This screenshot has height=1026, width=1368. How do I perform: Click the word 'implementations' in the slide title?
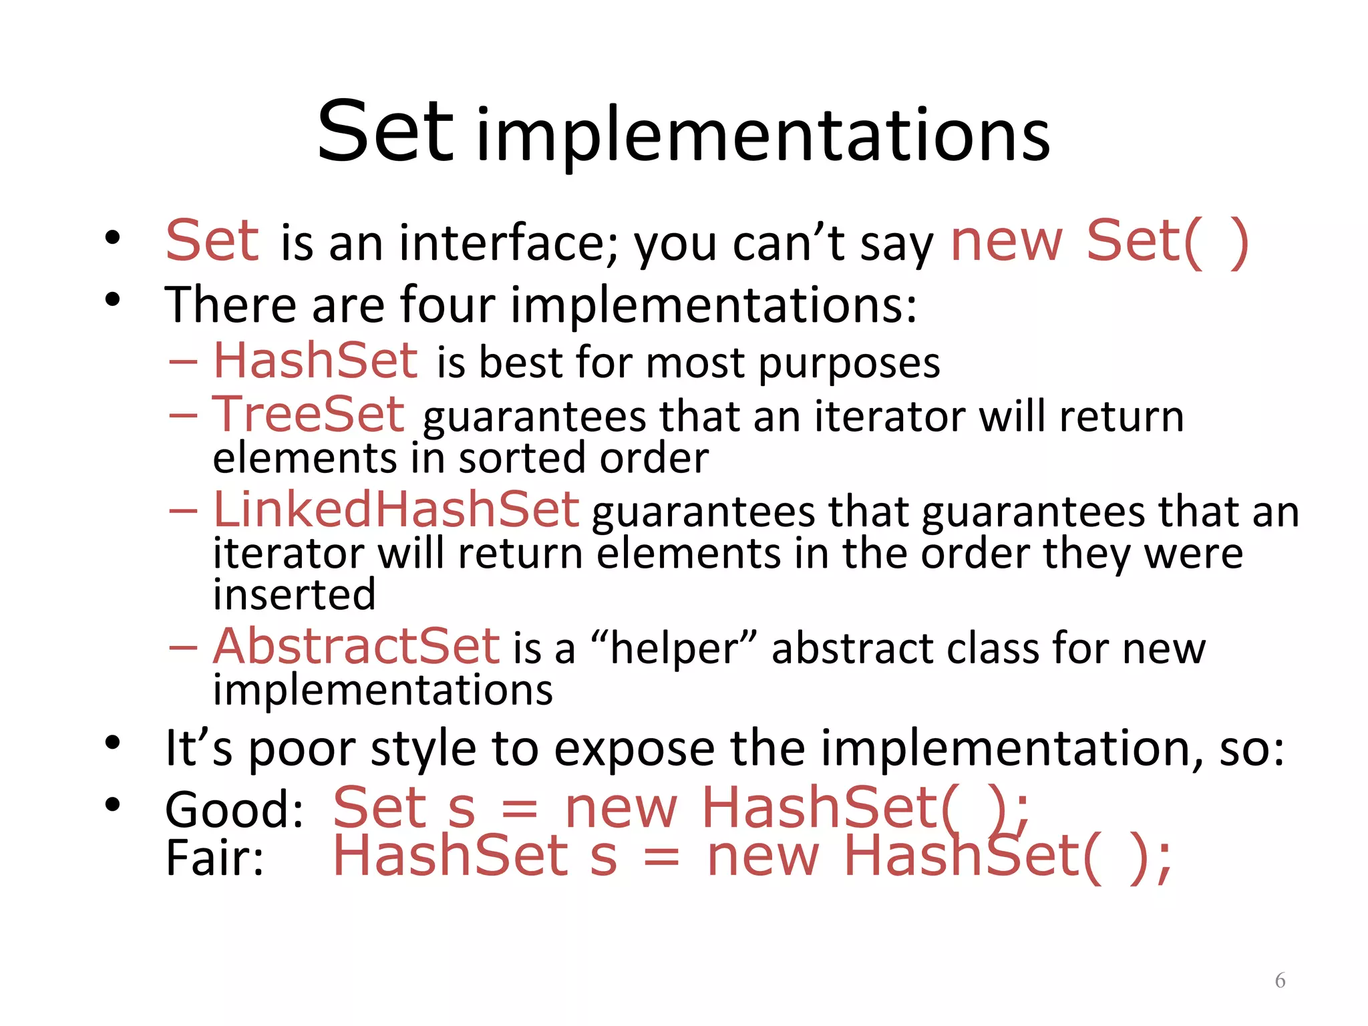(x=763, y=137)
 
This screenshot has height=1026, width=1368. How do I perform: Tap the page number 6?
(x=1280, y=980)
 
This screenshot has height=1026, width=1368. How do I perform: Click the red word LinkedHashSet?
(x=395, y=510)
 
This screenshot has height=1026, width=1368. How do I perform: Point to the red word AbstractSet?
(x=356, y=647)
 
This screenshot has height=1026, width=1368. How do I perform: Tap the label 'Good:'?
(x=234, y=810)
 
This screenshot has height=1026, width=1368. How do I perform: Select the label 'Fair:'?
(x=214, y=858)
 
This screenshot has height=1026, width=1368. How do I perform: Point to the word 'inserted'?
(x=294, y=594)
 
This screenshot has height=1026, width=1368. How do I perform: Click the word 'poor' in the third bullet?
(x=301, y=749)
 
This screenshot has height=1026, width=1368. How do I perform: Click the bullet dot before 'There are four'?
(x=112, y=300)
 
